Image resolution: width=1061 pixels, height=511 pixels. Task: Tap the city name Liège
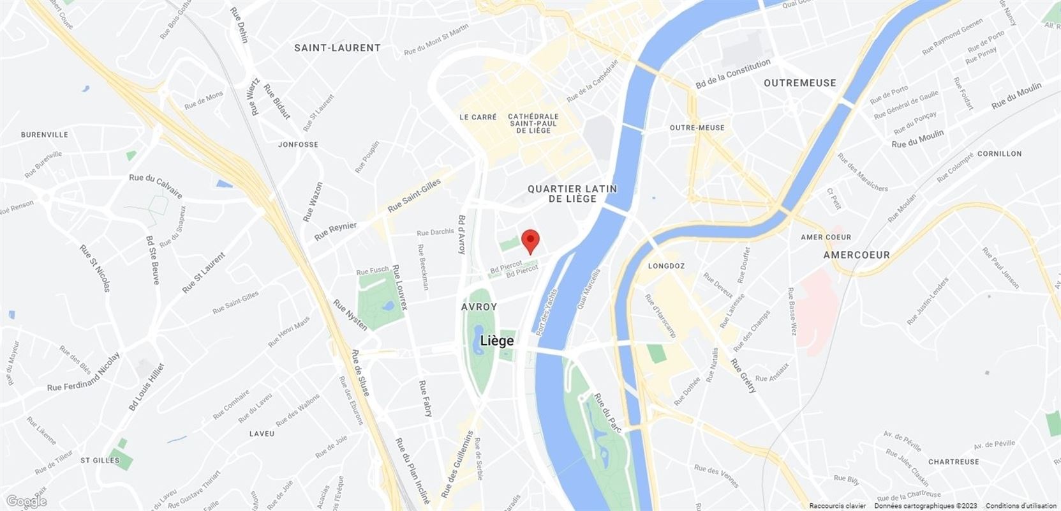coord(497,340)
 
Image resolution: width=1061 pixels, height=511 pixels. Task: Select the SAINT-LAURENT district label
coord(337,48)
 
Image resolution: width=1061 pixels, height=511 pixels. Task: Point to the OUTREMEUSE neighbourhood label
coord(799,83)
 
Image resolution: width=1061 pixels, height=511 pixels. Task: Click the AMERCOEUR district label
coord(856,254)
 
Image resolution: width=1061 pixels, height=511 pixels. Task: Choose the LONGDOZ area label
coord(666,266)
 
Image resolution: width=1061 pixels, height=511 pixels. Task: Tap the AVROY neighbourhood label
coord(479,307)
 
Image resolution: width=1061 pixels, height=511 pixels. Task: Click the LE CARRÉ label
coord(478,118)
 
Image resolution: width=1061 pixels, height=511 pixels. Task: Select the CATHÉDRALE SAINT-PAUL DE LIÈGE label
coord(533,123)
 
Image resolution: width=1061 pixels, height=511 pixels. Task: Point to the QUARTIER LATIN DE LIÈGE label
coord(572,194)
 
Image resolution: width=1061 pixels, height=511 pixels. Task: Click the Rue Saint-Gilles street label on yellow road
coord(414,196)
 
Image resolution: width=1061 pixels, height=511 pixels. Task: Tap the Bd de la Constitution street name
coord(732,73)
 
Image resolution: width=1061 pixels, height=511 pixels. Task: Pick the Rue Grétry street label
coord(743,376)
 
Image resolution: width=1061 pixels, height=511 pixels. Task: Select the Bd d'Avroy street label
coord(461,234)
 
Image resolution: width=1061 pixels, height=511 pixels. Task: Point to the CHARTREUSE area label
coord(953,462)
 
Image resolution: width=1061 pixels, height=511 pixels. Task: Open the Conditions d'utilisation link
coord(1021,506)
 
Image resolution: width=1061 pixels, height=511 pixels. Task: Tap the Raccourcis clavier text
coord(838,506)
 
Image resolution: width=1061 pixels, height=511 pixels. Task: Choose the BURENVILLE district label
coord(45,135)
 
